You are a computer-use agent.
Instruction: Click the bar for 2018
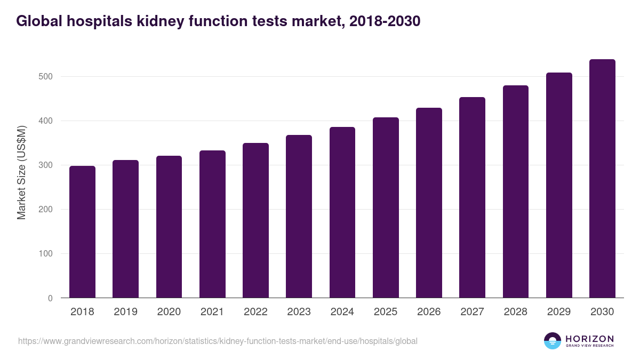[82, 232]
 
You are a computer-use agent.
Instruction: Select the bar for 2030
[602, 179]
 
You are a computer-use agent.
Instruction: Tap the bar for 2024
[342, 212]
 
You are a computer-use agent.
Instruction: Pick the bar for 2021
[212, 224]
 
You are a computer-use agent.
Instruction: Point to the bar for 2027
[472, 197]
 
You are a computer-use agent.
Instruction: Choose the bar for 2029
[559, 185]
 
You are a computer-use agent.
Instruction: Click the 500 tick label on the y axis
[46, 76]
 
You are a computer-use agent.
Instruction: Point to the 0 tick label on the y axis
[50, 298]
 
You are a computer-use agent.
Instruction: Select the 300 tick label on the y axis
[46, 165]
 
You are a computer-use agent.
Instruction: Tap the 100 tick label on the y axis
[46, 254]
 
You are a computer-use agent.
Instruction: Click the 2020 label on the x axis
[169, 312]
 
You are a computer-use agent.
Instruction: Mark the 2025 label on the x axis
[386, 312]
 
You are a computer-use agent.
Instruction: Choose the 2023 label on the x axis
[299, 312]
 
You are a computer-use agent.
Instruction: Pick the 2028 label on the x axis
[516, 312]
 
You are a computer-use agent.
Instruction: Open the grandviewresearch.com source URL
[218, 341]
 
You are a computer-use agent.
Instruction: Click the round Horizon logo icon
[553, 341]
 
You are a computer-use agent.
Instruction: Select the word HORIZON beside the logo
[589, 338]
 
